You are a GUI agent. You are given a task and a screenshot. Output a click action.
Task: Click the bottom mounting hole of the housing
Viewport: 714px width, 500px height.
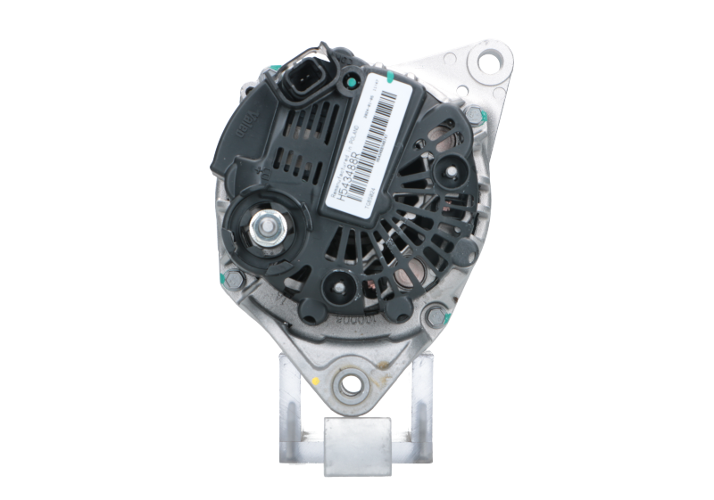click(x=343, y=387)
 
